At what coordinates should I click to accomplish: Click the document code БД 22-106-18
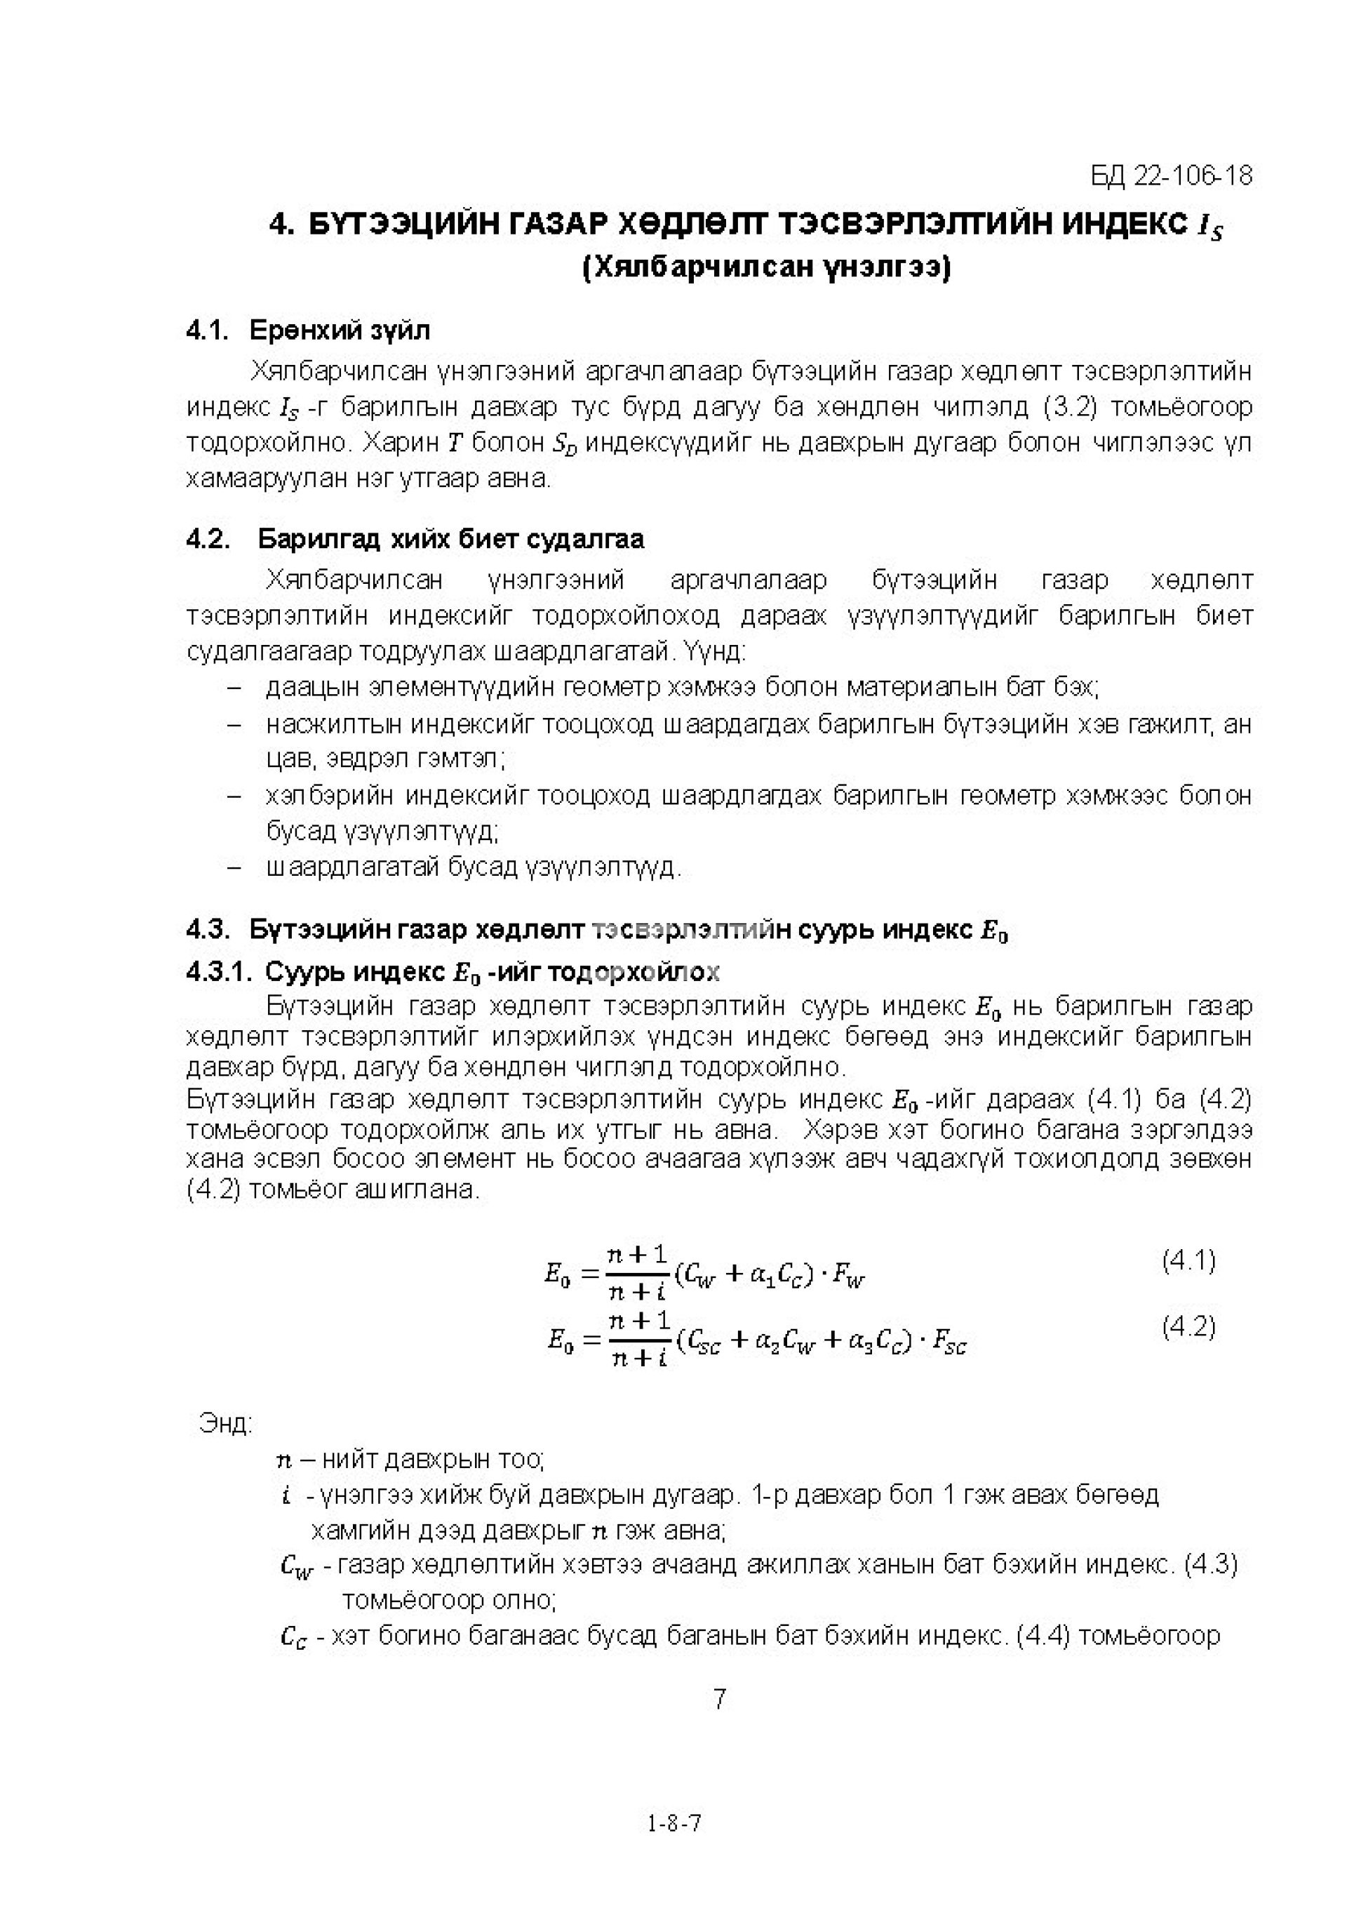1171,176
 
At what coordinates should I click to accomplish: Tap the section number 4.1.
207,331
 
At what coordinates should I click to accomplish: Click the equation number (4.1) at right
1188,1261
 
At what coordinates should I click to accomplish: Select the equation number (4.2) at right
1188,1326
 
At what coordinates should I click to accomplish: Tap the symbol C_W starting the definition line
296,1566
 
